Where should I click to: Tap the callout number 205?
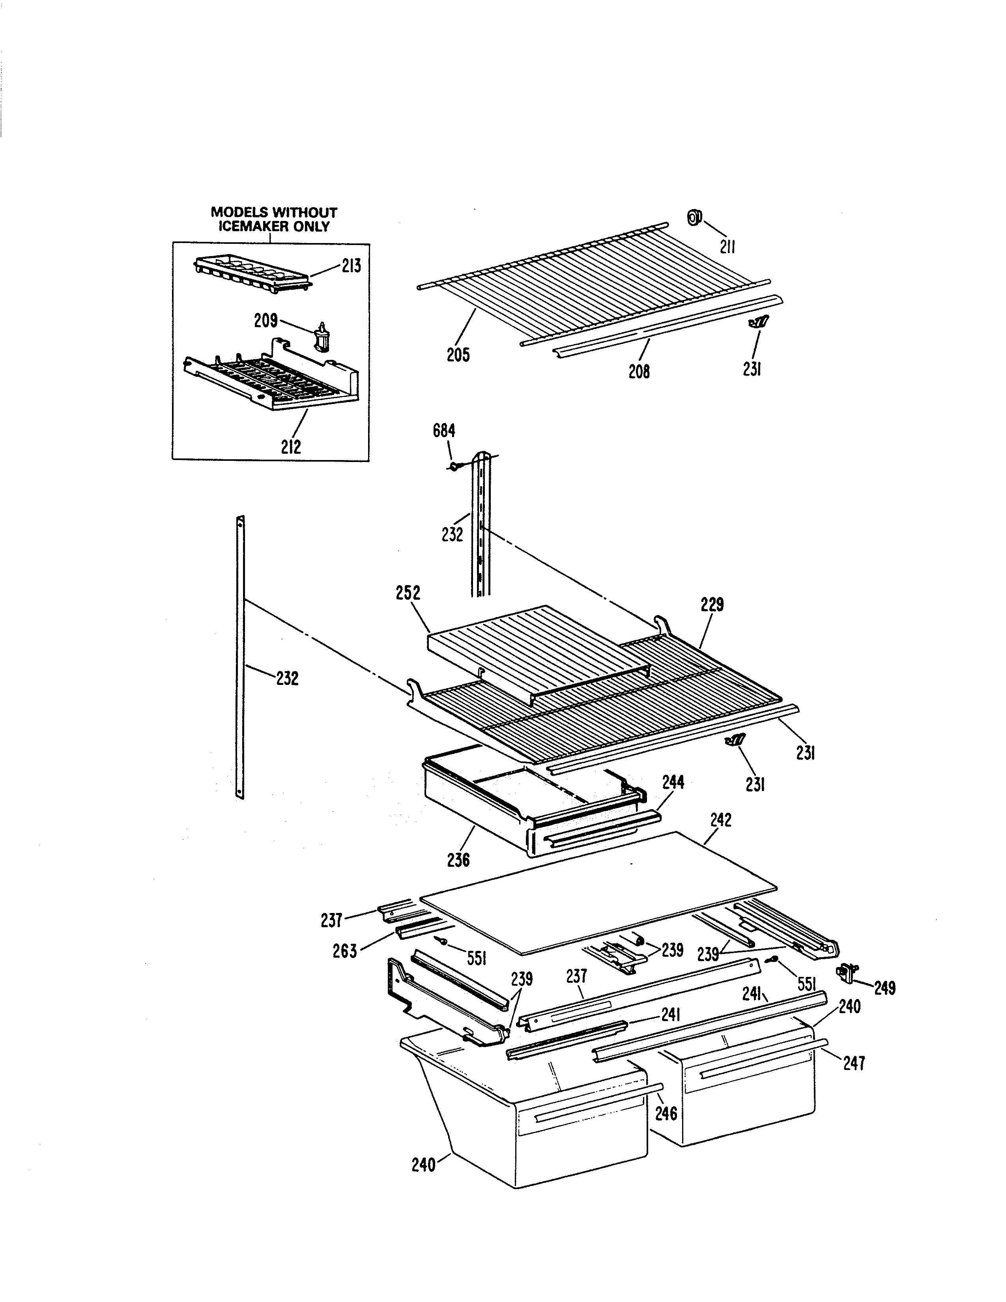(458, 355)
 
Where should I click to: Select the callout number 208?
(639, 371)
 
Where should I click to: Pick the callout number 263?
(345, 950)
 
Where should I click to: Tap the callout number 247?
(854, 1063)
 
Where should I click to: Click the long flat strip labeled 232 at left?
(240, 656)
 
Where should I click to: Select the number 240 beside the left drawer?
(424, 1164)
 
